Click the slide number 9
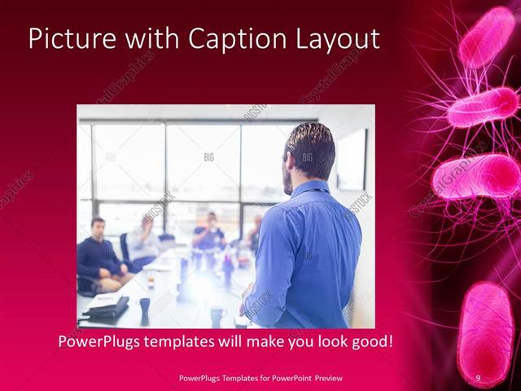coord(478,378)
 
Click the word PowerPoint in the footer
coord(282,378)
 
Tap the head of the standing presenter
coord(309,152)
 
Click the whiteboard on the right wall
coord(352,160)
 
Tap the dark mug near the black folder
coord(145,305)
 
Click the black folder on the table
coord(107,306)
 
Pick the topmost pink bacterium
coord(487,36)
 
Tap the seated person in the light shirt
coord(144,241)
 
